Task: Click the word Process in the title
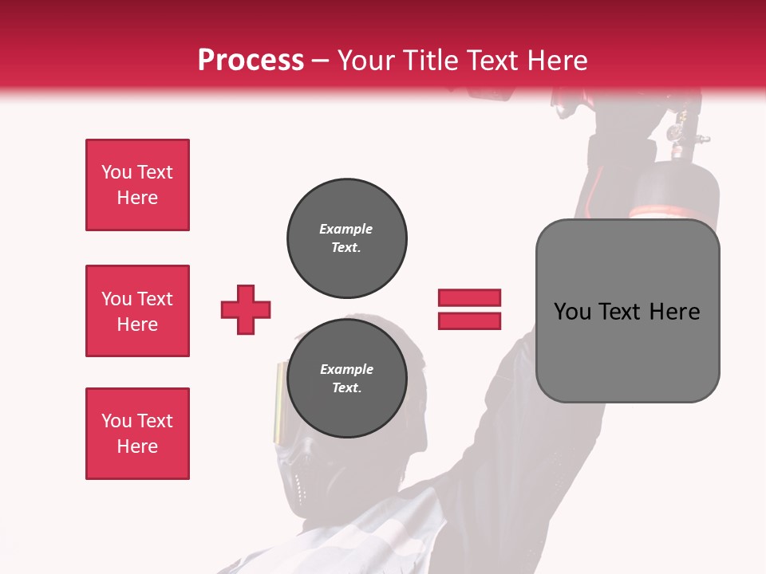(x=251, y=61)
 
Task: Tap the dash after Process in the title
(x=321, y=61)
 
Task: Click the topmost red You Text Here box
(x=137, y=185)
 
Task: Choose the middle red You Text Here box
(x=137, y=311)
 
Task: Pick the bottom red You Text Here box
(x=137, y=434)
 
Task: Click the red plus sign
(x=246, y=309)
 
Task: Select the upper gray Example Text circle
(x=346, y=238)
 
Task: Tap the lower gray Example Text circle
(x=346, y=379)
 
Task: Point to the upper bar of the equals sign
(x=469, y=297)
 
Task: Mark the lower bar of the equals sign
(x=469, y=320)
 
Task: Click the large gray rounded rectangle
(x=627, y=351)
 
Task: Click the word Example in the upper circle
(x=345, y=229)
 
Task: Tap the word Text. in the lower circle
(x=346, y=388)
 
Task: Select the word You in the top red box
(x=116, y=172)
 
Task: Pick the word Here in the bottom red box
(x=137, y=446)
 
